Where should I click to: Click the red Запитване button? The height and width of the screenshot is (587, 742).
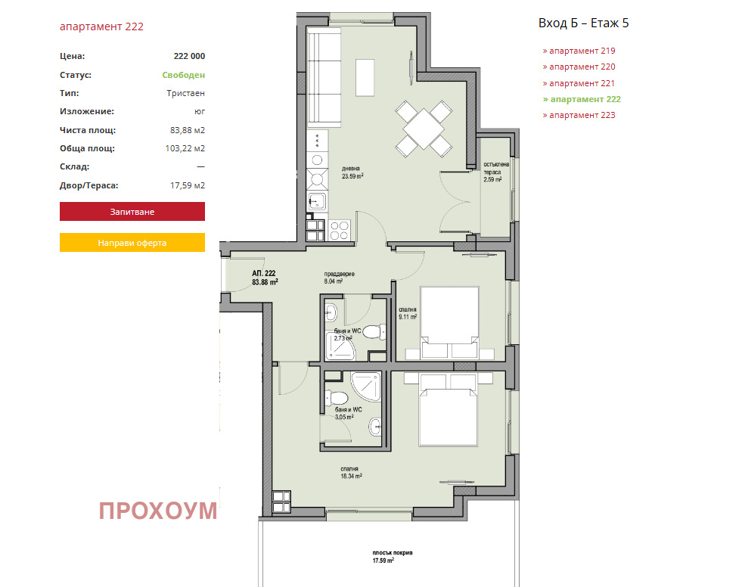pyautogui.click(x=132, y=212)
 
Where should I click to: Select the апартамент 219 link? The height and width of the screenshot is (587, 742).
pyautogui.click(x=579, y=51)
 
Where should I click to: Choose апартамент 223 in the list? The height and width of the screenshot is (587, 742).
pyautogui.click(x=579, y=115)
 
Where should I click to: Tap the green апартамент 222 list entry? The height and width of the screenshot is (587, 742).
pyautogui.click(x=582, y=99)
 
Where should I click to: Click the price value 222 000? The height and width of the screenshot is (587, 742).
pyautogui.click(x=189, y=56)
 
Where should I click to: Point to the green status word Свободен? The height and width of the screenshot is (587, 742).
pyautogui.click(x=184, y=75)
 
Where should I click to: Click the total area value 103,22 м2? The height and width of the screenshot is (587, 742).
pyautogui.click(x=185, y=148)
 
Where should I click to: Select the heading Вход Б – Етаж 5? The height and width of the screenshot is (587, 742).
pyautogui.click(x=583, y=23)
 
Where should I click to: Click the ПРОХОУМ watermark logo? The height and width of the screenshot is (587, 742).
pyautogui.click(x=158, y=511)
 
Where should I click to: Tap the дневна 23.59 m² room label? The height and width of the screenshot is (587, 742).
pyautogui.click(x=352, y=172)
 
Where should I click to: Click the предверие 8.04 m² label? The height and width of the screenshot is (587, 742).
pyautogui.click(x=339, y=278)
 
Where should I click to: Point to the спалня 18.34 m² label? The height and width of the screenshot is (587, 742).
pyautogui.click(x=351, y=473)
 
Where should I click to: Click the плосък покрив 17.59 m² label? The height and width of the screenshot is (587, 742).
pyautogui.click(x=393, y=557)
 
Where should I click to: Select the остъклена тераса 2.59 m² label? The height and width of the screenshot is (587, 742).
pyautogui.click(x=496, y=172)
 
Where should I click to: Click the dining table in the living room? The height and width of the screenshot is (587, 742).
pyautogui.click(x=424, y=129)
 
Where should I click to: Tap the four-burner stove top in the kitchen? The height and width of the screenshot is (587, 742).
pyautogui.click(x=340, y=231)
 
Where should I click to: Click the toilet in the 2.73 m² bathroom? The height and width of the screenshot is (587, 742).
pyautogui.click(x=375, y=332)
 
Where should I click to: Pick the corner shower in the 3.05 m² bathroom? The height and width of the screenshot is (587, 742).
pyautogui.click(x=366, y=386)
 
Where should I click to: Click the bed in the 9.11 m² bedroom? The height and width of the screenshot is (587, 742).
pyautogui.click(x=449, y=322)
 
